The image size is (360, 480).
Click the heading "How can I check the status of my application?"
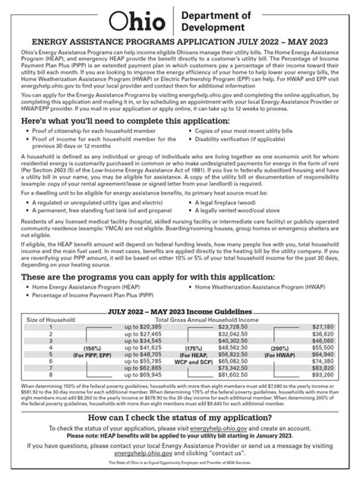coord(179,439)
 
